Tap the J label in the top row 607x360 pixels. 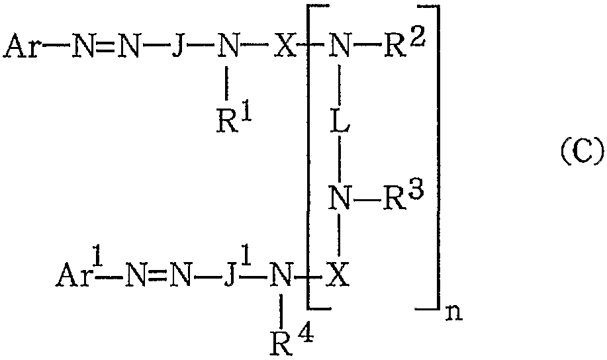[177, 46]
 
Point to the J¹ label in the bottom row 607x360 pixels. [237, 273]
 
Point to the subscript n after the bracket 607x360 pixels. [454, 313]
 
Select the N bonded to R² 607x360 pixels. [340, 46]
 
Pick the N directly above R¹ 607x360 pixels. [228, 46]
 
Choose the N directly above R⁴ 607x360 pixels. [281, 275]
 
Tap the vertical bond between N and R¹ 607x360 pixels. [227, 83]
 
